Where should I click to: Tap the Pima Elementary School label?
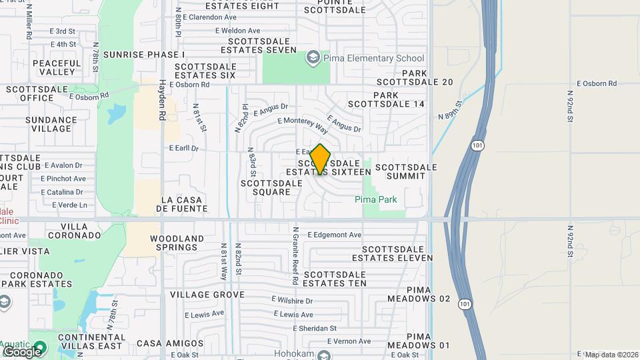click(374, 59)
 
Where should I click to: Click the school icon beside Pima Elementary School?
click(312, 59)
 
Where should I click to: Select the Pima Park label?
click(376, 199)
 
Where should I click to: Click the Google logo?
click(22, 351)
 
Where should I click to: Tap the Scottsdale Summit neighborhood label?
click(407, 171)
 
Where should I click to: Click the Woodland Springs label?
click(177, 243)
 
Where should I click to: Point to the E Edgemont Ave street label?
click(335, 235)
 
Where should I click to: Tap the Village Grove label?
click(207, 294)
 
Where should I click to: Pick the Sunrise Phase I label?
click(144, 54)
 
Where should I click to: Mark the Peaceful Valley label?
click(56, 67)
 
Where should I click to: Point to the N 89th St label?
click(450, 110)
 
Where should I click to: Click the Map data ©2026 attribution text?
click(611, 354)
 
